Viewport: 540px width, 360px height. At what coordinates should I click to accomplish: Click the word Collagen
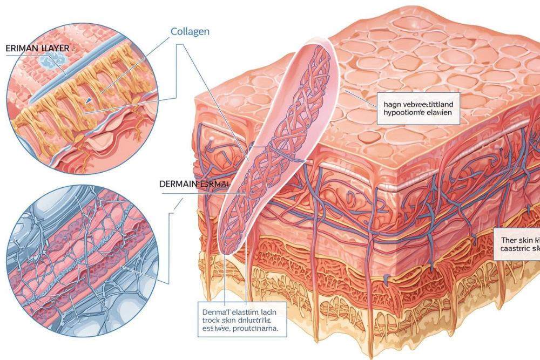click(x=190, y=32)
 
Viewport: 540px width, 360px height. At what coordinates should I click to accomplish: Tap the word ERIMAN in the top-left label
click(x=22, y=49)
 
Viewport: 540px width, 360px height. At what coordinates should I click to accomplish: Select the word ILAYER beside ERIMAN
click(x=56, y=49)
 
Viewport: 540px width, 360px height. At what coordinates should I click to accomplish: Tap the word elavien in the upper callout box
click(x=437, y=113)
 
